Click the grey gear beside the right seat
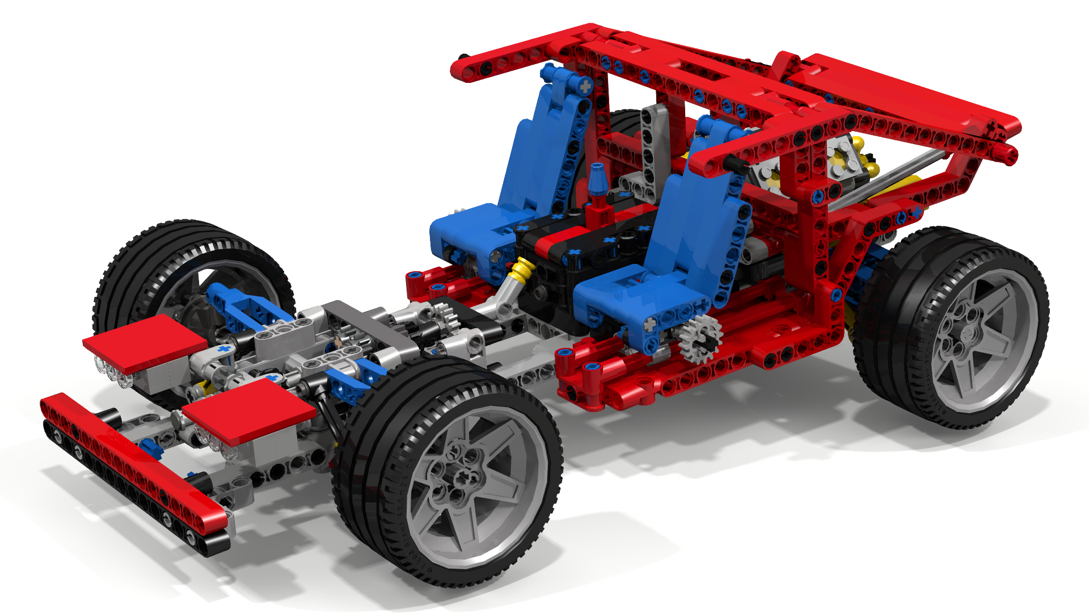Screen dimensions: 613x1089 point(700,338)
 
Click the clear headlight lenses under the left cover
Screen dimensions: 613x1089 point(114,372)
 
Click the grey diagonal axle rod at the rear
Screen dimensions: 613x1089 point(885,176)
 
